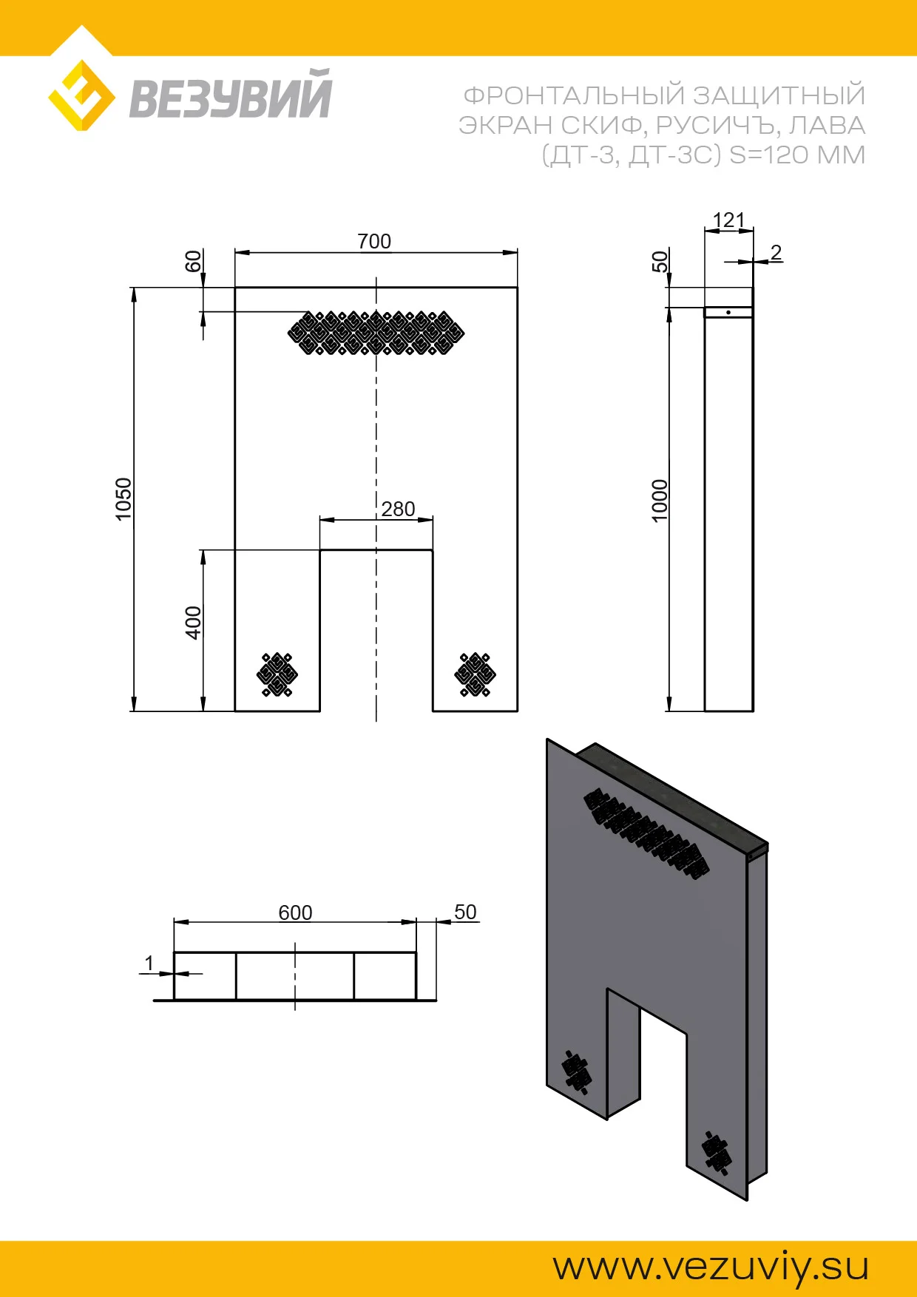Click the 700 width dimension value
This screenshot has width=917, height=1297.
(374, 242)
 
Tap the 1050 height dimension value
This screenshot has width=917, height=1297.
(123, 499)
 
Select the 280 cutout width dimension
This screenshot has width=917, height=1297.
(398, 509)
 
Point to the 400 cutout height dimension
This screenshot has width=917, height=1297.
(193, 623)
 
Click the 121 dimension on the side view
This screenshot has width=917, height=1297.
(728, 220)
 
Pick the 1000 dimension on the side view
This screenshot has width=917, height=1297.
(660, 501)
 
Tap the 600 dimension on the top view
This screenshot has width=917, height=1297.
(295, 913)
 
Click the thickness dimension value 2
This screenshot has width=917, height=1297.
(776, 252)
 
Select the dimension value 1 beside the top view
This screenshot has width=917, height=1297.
(149, 964)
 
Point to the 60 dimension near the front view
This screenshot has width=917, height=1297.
(193, 262)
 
